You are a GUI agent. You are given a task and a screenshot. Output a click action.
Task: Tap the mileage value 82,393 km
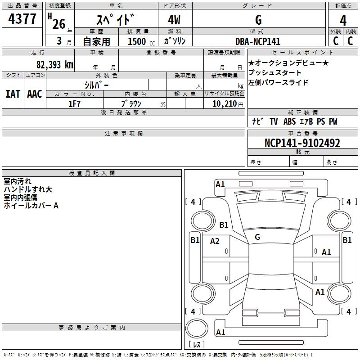point(54,64)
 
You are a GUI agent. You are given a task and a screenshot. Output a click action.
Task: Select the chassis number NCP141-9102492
point(302,143)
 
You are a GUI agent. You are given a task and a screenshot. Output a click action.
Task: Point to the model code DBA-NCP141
point(258,41)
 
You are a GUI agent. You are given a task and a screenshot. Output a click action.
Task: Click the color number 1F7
point(74,103)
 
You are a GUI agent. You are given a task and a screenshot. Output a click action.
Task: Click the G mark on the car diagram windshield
point(257,237)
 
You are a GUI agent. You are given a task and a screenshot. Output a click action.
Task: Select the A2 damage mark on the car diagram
point(215,241)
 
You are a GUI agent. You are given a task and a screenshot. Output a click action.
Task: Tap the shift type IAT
point(13,94)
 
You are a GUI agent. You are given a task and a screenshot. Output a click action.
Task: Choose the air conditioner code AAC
point(34,94)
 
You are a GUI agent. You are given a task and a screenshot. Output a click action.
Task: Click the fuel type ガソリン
point(175,41)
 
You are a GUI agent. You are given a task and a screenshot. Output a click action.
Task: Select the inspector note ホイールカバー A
point(31,206)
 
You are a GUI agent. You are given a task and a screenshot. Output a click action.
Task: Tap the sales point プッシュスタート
point(275,72)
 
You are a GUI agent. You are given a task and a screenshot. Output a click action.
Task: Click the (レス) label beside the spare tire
point(197,345)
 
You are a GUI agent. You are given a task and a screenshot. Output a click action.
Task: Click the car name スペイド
point(116,20)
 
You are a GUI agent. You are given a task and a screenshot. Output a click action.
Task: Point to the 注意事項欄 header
point(123,134)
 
